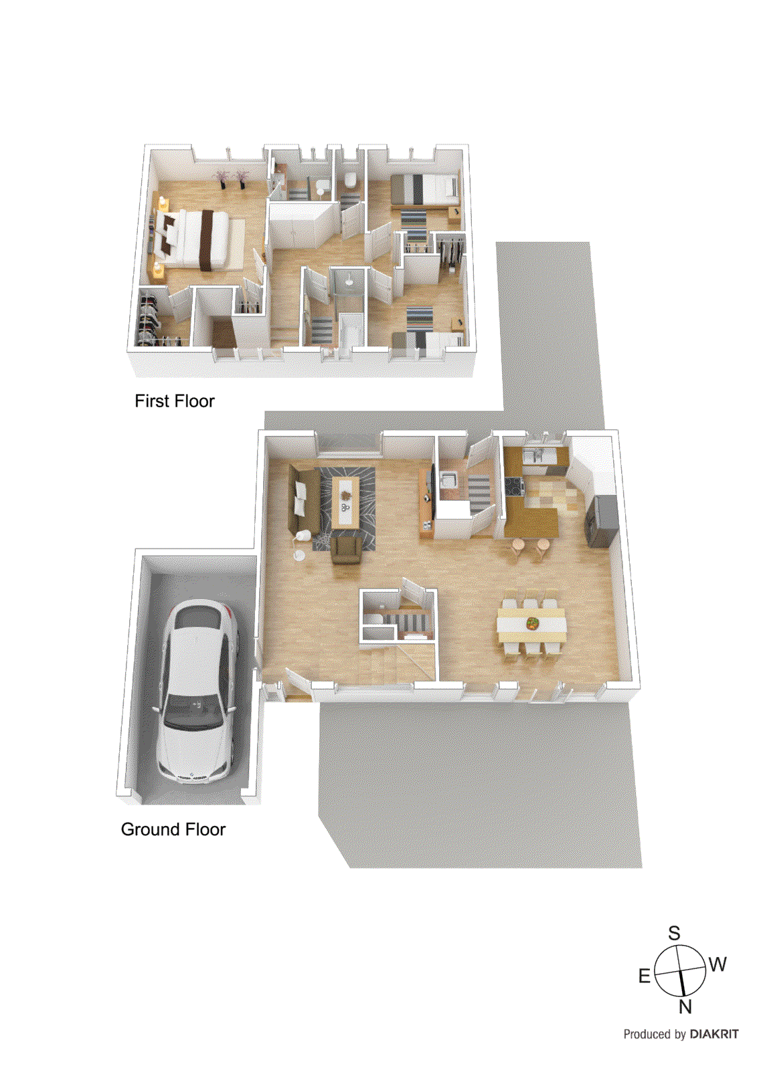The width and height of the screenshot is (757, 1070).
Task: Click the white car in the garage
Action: pos(197,689)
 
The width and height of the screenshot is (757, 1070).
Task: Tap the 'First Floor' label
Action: pos(174,401)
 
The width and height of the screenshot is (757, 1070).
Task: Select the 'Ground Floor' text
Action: pos(173,829)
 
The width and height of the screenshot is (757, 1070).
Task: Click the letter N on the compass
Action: pos(685,1006)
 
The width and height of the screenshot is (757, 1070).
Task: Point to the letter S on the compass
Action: pos(674,933)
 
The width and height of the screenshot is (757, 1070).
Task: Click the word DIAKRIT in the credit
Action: pos(714,1034)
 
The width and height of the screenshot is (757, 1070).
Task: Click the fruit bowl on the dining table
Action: pos(533,623)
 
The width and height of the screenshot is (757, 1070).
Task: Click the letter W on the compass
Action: pos(718,964)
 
